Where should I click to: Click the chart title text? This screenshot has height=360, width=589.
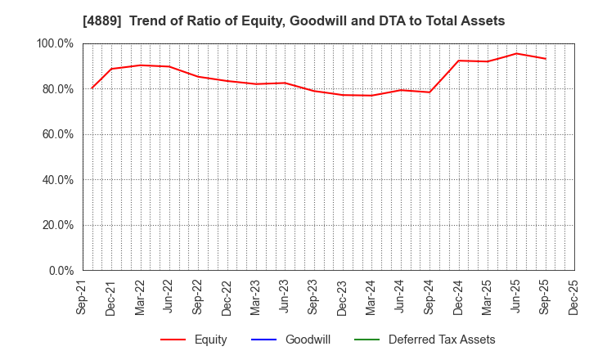tap(294, 21)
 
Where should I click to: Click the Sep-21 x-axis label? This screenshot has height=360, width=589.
tap(82, 297)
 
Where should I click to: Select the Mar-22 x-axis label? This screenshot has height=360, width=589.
tap(140, 297)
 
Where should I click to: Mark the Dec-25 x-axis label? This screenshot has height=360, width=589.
tap(573, 297)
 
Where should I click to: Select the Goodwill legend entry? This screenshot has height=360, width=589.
tap(307, 340)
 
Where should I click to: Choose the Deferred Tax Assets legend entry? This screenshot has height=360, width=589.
tap(442, 340)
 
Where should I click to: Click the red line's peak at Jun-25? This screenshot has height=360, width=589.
tap(516, 53)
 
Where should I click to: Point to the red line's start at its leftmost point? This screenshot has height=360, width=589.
tap(92, 88)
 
